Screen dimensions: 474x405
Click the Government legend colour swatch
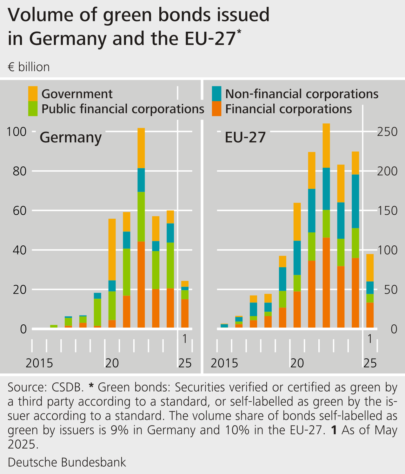click(33, 94)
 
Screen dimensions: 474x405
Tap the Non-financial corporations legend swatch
click(216, 94)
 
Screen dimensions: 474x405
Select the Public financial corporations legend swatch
click(33, 108)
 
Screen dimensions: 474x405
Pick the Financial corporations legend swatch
click(216, 108)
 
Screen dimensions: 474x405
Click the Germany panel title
click(70, 138)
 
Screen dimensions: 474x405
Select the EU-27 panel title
click(245, 138)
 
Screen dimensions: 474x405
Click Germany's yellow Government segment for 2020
click(112, 249)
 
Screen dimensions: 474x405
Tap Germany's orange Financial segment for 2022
click(141, 284)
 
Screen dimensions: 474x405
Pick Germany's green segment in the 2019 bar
click(97, 312)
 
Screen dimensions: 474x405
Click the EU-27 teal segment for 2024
click(355, 201)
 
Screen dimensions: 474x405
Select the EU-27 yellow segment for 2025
click(370, 268)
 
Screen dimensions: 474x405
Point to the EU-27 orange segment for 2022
click(326, 282)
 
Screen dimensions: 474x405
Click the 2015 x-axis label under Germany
click(39, 363)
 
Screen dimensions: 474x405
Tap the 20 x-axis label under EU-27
click(297, 363)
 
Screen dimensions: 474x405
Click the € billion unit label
click(29, 67)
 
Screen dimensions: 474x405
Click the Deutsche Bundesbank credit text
click(67, 462)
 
